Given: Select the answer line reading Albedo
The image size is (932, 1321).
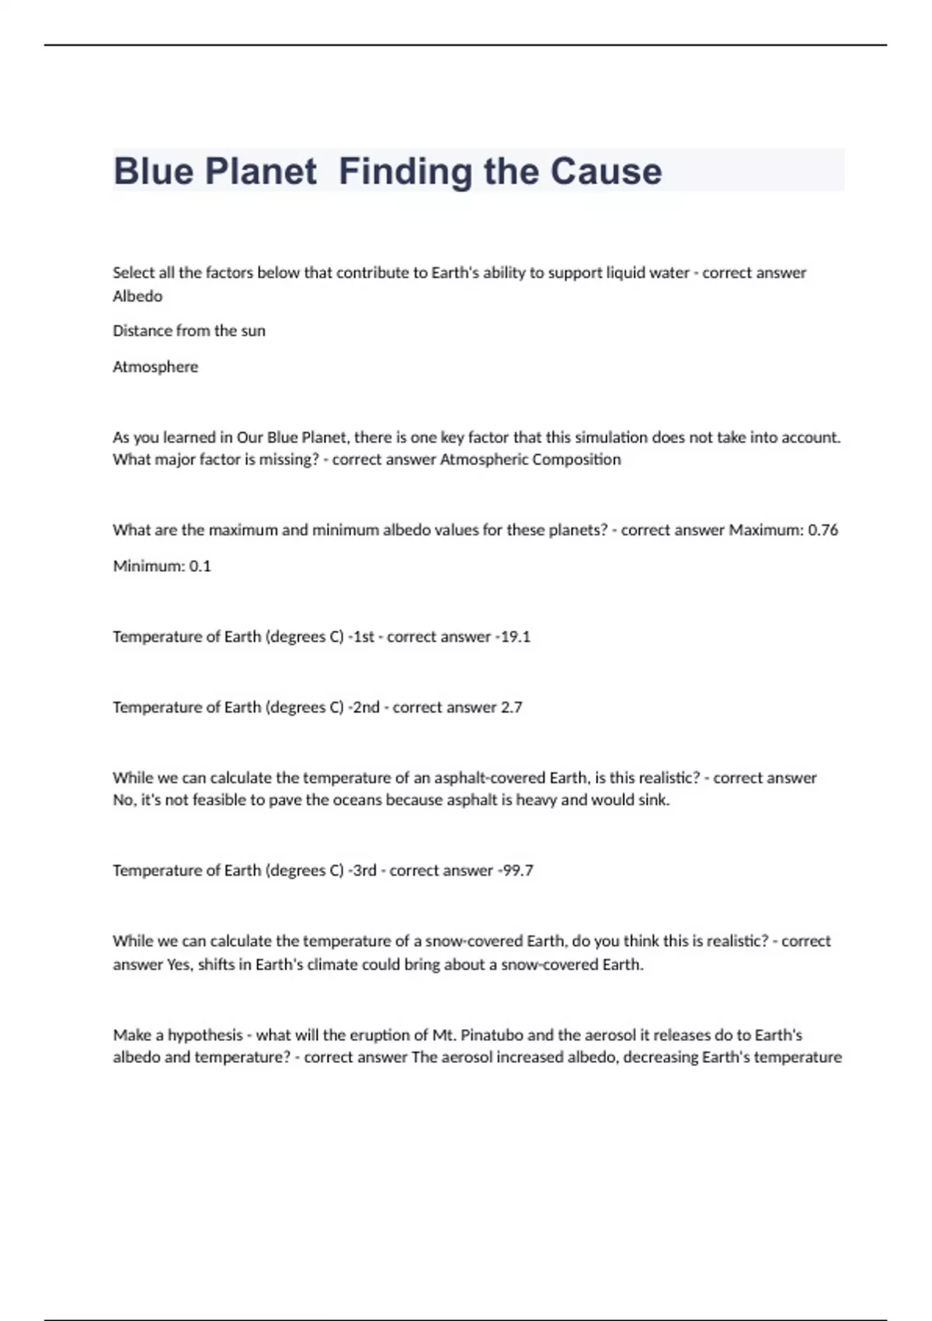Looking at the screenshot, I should click(x=137, y=296).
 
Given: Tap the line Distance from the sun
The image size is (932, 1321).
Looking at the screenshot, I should click(x=189, y=331).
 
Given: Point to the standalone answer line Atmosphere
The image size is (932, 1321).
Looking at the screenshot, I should click(x=155, y=367).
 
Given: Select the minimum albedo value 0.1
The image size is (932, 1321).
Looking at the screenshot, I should click(x=200, y=566).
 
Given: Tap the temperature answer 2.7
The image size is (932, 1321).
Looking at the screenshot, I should click(x=511, y=707).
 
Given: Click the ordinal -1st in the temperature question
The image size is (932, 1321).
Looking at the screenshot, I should click(x=361, y=636).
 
